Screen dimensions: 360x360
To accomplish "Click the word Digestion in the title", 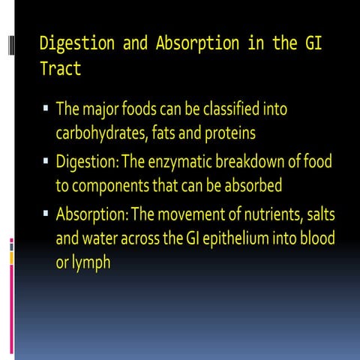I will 72,43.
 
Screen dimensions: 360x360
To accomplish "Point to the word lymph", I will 91,264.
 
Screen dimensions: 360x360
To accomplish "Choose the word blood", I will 316,239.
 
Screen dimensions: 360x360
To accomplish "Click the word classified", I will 225,109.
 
